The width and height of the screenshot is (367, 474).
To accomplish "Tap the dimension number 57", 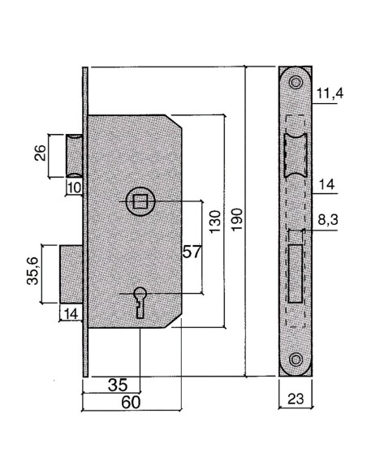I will coord(191,252).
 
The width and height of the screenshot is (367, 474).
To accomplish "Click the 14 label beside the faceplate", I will coord(326,184).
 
